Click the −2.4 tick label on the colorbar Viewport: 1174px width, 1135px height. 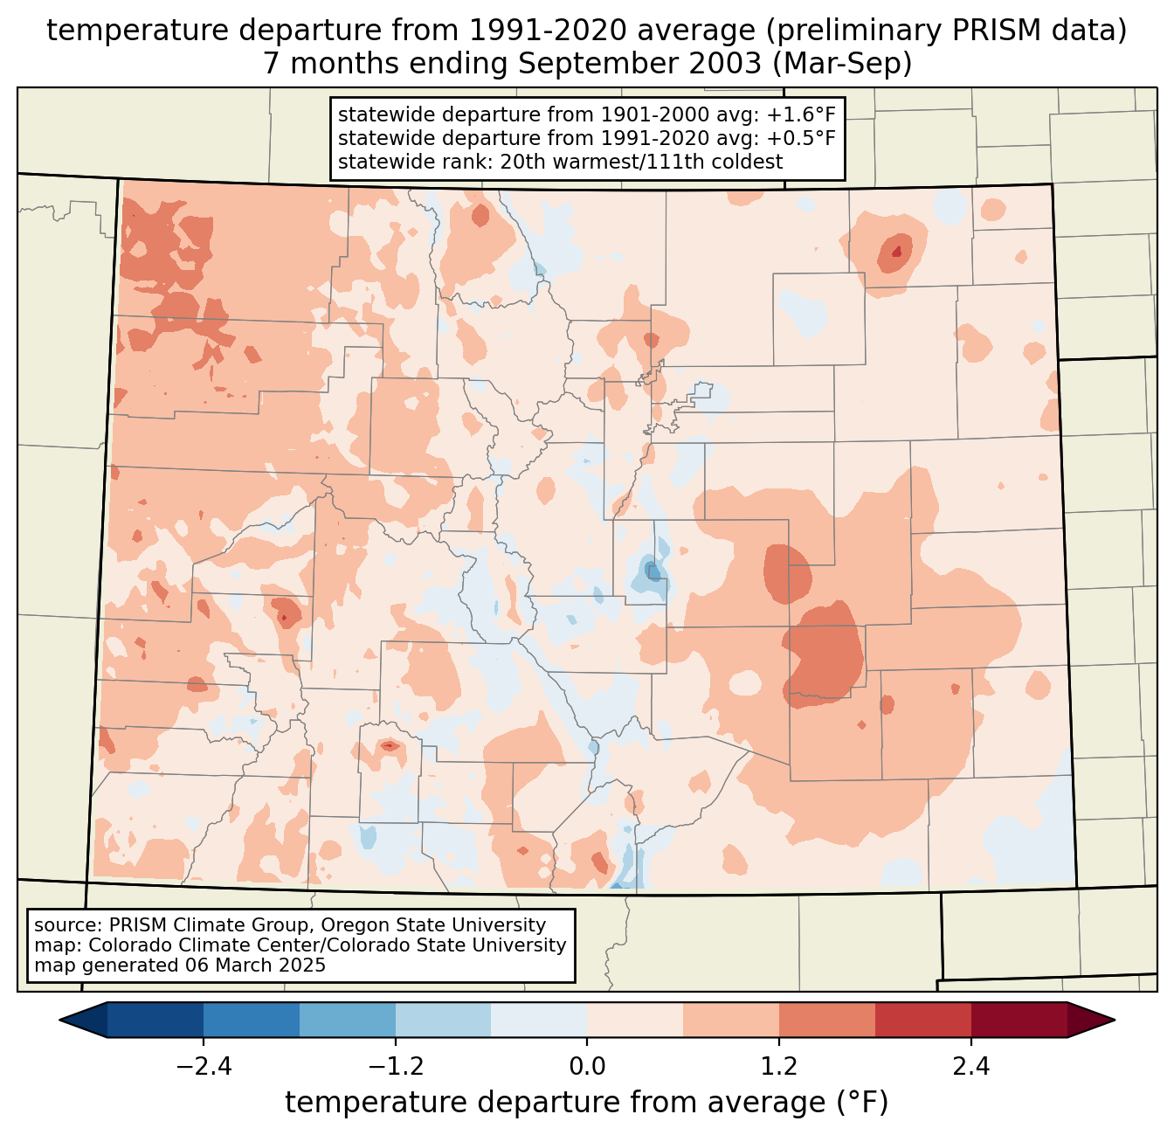pyautogui.click(x=203, y=1067)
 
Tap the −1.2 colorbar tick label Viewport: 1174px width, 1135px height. pyautogui.click(x=395, y=1067)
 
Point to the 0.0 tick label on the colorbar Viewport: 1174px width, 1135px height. pyautogui.click(x=587, y=1067)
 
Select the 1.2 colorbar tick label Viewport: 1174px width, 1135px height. pyautogui.click(x=779, y=1067)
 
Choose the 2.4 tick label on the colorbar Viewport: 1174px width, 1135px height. pyautogui.click(x=971, y=1067)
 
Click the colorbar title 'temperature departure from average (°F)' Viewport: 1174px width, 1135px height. pyautogui.click(x=587, y=1103)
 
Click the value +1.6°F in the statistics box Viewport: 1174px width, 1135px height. pyautogui.click(x=801, y=115)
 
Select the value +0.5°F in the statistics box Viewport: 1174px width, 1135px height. pyautogui.click(x=801, y=138)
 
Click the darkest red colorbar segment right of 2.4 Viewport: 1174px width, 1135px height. pyautogui.click(x=1019, y=1020)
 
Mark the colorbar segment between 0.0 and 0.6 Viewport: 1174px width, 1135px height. pyautogui.click(x=635, y=1020)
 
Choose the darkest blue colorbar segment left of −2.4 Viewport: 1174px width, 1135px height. pyautogui.click(x=155, y=1020)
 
